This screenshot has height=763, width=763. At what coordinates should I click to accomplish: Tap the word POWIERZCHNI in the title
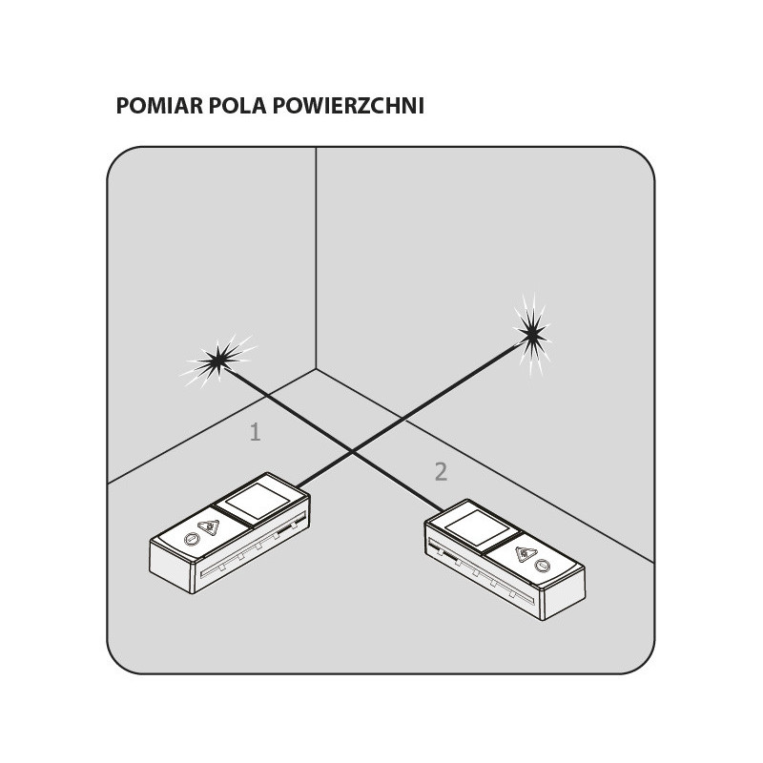click(348, 106)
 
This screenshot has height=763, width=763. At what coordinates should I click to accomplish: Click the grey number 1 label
click(255, 433)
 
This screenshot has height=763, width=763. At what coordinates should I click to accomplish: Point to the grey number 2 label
click(440, 471)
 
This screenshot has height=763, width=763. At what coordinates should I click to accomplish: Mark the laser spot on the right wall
click(530, 333)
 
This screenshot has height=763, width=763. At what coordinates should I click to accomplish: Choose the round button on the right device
click(544, 565)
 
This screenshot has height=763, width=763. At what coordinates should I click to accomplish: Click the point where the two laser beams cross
click(351, 451)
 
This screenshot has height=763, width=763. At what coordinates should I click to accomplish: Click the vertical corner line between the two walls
click(316, 258)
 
